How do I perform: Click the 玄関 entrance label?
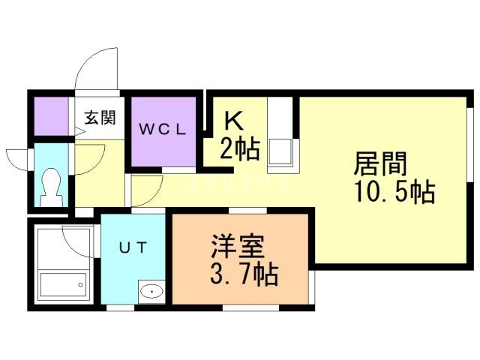point(99,118)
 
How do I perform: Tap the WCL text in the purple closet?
point(160,127)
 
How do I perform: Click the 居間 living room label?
point(380,163)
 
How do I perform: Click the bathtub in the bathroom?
point(63,286)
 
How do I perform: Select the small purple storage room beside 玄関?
point(52,115)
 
